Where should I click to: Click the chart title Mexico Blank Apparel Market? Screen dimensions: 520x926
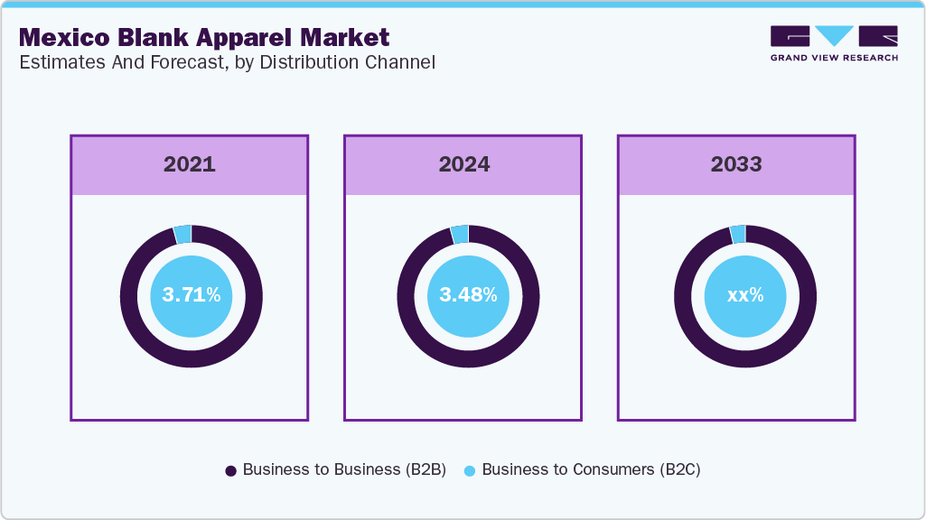pos(204,37)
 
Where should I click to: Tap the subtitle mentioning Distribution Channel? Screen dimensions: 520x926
pos(227,63)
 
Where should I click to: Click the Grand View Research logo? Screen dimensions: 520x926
pos(834,43)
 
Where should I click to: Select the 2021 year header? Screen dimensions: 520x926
pos(190,164)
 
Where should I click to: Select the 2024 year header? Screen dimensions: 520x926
pos(463,164)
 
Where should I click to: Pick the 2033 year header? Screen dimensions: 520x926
pos(736,164)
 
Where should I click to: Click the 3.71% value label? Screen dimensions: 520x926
pos(191,294)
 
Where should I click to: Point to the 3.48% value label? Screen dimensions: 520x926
pos(468,294)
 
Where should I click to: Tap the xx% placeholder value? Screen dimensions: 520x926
pos(745,294)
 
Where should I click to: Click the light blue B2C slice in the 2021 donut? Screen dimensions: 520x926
pos(183,234)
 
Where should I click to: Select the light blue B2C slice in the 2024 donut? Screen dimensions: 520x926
pos(460,234)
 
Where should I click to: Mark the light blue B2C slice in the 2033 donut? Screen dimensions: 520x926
pos(737,234)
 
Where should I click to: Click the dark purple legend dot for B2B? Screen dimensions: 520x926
pos(230,470)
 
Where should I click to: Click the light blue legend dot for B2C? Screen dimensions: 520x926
pos(470,470)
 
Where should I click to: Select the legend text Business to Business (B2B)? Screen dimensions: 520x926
pos(344,469)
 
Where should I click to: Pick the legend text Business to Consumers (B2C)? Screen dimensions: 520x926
pos(591,469)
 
